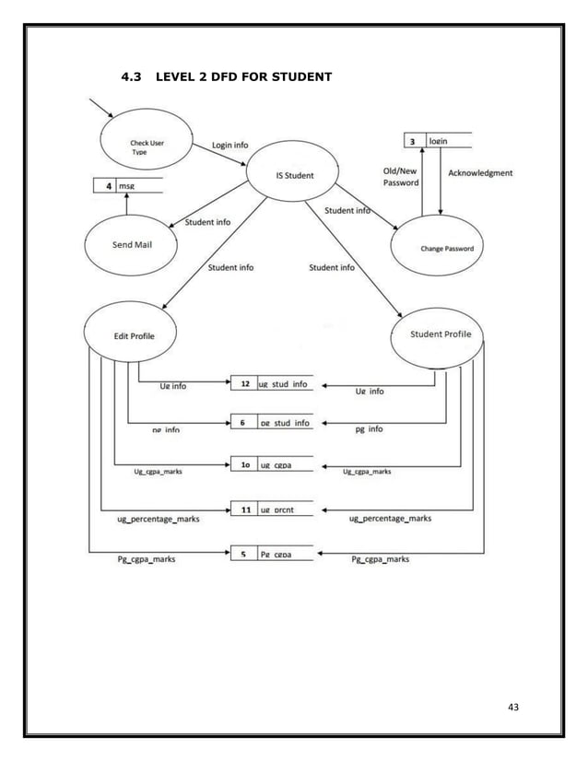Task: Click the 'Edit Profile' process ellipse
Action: [x=130, y=335]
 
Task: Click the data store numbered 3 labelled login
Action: [x=438, y=141]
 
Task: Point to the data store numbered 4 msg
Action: [x=128, y=186]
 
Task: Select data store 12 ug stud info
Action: [x=272, y=383]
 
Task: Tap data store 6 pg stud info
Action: [x=272, y=423]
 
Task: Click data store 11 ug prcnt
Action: [x=272, y=509]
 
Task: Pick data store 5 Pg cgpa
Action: [x=272, y=554]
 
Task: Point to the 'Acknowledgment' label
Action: [x=480, y=172]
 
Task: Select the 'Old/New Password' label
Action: [x=401, y=177]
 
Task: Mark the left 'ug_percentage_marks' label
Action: [x=159, y=520]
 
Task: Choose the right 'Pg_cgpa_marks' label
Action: [x=381, y=559]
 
